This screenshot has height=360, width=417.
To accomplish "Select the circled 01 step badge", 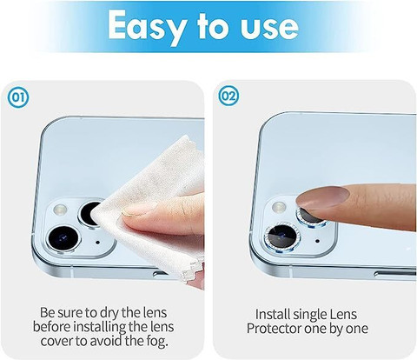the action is [18, 98].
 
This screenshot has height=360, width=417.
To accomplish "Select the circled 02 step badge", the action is [228, 96].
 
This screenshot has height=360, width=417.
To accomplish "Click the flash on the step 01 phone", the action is [61, 209].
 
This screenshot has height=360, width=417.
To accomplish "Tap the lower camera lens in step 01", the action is [63, 238].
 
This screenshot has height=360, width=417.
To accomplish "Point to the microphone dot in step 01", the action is [97, 242].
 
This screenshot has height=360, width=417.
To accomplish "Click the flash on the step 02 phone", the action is [279, 206].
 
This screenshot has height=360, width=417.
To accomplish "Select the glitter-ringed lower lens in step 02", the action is [281, 237].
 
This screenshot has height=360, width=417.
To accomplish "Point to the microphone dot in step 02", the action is [317, 241].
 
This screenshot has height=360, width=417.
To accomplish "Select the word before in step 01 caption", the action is [51, 327].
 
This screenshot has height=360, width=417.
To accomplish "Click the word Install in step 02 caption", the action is [272, 314].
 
